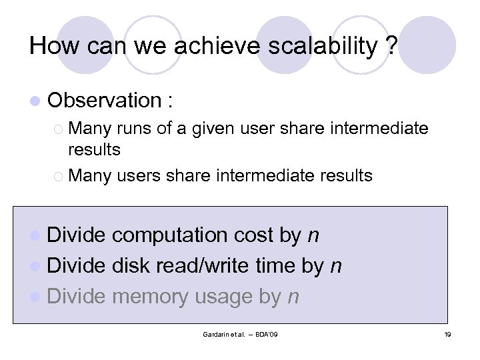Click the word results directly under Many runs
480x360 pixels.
[94, 149]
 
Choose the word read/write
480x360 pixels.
[205, 266]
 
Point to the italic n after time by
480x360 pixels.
[336, 266]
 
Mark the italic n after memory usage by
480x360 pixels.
[293, 297]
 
